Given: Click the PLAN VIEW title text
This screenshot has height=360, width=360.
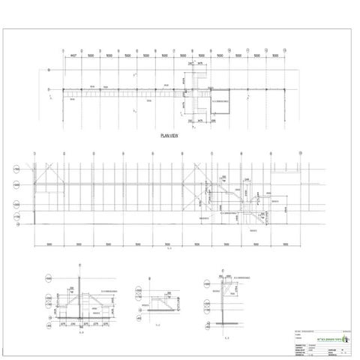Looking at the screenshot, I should click(168, 136).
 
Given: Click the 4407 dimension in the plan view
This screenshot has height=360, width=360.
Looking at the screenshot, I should click(73, 55).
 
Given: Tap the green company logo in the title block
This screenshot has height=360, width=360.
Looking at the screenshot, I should click(346, 338).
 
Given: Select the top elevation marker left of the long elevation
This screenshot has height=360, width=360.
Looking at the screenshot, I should click(16, 170).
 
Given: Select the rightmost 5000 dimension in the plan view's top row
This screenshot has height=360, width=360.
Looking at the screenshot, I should click(277, 55).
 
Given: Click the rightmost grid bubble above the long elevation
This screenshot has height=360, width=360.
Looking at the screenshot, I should click(301, 154).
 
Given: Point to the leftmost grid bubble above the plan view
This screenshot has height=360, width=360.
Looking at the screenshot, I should click(63, 49).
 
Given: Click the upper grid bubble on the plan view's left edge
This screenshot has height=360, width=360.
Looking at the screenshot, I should click(49, 70).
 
